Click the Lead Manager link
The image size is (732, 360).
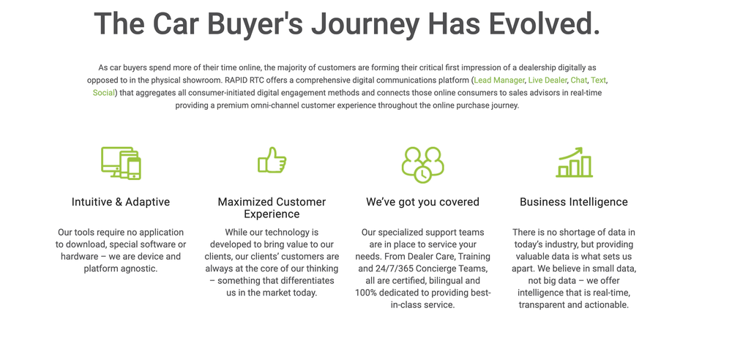499,80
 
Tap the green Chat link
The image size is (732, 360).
579,80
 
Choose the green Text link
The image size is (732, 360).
599,80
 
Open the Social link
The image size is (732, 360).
104,92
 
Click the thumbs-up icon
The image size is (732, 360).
272,160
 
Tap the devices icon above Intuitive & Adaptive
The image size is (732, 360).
121,163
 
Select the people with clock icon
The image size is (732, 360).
422,165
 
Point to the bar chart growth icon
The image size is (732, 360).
574,162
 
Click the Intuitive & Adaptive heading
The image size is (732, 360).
121,202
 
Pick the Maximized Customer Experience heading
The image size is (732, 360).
272,208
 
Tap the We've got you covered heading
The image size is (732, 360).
422,202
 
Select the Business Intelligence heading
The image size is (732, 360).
574,202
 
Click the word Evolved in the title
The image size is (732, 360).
545,24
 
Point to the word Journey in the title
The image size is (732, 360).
365,25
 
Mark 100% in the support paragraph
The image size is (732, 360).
364,293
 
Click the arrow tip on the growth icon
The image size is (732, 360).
582,149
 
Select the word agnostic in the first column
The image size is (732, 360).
141,269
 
